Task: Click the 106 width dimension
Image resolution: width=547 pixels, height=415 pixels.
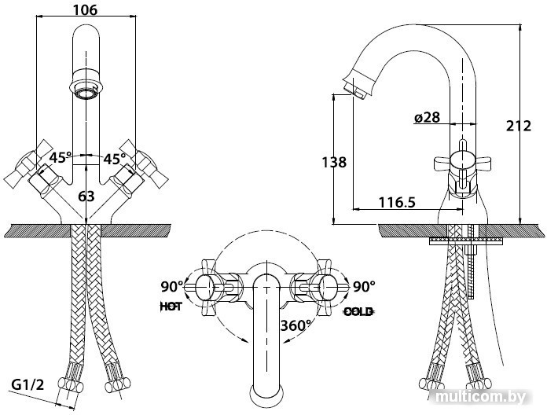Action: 86,9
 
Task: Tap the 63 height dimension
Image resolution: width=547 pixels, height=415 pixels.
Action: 86,196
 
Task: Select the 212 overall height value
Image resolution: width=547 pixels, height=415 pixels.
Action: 519,126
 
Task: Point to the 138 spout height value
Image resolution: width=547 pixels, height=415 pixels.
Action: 334,162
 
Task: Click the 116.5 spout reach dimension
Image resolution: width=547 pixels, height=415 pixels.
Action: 397,202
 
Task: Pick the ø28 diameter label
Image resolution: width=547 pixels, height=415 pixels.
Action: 428,118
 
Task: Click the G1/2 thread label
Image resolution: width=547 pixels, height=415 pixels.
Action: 28,385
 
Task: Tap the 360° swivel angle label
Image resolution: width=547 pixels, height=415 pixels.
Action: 296,325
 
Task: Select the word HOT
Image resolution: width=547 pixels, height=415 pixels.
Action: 171,307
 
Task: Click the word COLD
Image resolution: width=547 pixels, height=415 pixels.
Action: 359,311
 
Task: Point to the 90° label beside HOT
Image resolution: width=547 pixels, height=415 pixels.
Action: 171,287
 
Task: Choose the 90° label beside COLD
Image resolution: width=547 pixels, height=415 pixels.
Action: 364,287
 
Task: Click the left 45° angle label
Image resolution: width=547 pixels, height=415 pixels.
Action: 61,158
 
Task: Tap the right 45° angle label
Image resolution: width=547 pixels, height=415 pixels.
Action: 115,159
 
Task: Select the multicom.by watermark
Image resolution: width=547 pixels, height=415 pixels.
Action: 481,397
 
